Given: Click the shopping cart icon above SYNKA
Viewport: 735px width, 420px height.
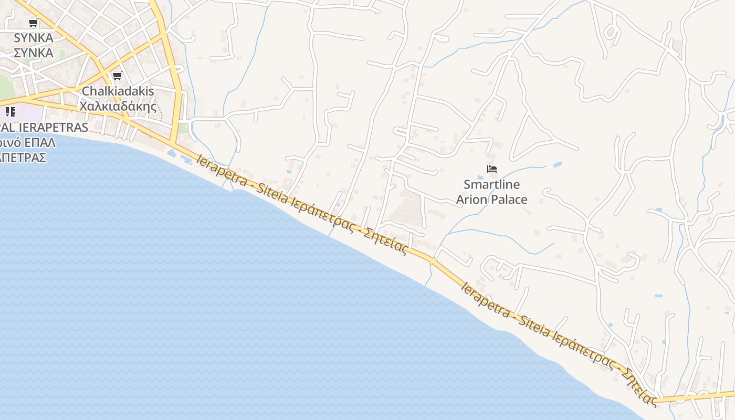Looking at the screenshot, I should pyautogui.click(x=34, y=23).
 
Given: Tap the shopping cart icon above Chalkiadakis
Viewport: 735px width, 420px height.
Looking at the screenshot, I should pyautogui.click(x=118, y=76).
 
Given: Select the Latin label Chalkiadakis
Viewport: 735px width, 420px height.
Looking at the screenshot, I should pyautogui.click(x=118, y=91).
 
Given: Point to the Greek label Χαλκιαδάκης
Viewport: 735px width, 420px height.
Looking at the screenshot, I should pyautogui.click(x=118, y=107).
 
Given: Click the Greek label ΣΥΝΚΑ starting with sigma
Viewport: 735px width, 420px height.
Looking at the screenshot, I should pyautogui.click(x=34, y=53).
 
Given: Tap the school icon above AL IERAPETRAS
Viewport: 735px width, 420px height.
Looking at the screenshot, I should pyautogui.click(x=10, y=111).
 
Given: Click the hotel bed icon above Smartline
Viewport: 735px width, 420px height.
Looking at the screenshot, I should pyautogui.click(x=492, y=169).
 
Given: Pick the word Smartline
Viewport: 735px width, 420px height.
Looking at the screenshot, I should pyautogui.click(x=491, y=184).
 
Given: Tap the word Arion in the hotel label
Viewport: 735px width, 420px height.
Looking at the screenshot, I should pyautogui.click(x=471, y=199).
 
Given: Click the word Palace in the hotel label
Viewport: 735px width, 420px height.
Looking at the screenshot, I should pyautogui.click(x=509, y=199).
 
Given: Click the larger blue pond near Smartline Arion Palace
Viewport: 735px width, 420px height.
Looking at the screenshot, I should pyautogui.click(x=557, y=164).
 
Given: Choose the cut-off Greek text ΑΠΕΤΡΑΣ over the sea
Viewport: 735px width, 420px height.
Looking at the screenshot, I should pyautogui.click(x=24, y=157).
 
